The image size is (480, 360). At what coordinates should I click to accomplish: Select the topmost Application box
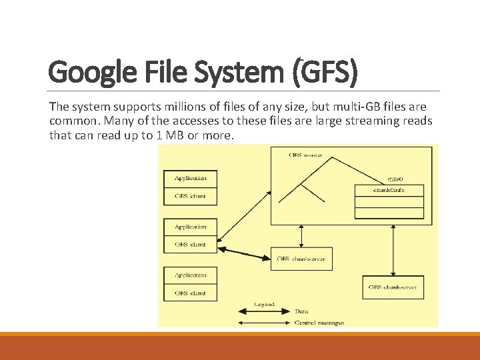[x=190, y=179]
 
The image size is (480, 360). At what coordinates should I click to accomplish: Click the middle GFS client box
[x=190, y=244]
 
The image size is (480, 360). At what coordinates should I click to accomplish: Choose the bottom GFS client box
[x=190, y=293]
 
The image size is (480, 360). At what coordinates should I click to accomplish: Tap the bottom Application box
[x=190, y=275]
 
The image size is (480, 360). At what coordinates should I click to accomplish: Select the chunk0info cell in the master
[x=389, y=191]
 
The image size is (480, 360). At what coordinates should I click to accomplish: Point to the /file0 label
[x=395, y=179]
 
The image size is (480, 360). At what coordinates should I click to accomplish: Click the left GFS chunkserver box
[x=301, y=259]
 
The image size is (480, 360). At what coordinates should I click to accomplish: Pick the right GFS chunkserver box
[x=393, y=287]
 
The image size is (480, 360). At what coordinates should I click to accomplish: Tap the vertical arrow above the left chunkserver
[x=302, y=235]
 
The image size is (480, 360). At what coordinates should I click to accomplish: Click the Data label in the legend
[x=301, y=311]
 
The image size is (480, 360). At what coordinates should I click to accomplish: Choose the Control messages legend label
[x=319, y=323]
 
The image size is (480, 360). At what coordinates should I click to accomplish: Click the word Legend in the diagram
[x=265, y=304]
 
